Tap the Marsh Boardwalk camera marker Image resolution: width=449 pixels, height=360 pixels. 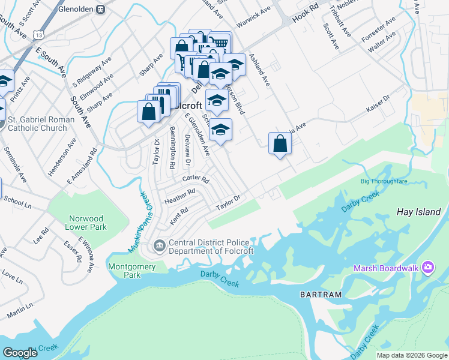[428, 267]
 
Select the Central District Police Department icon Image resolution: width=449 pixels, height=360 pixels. [160, 244]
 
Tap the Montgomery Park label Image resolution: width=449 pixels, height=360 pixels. [132, 271]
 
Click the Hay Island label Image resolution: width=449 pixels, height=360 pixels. [419, 212]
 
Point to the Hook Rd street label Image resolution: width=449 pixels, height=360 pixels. [305, 17]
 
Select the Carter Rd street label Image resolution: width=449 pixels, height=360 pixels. [196, 180]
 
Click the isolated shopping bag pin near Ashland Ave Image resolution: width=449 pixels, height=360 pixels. [280, 144]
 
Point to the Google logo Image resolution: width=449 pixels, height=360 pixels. [20, 353]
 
